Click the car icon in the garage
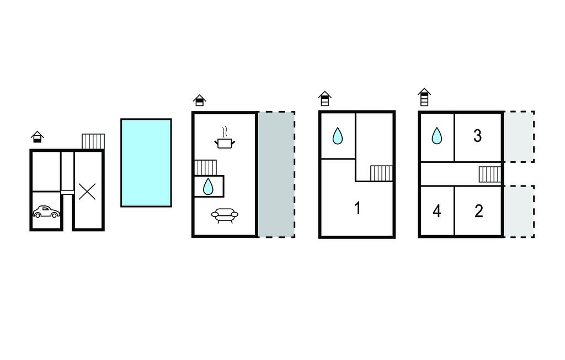[x=46, y=211]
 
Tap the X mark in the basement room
[x=87, y=192]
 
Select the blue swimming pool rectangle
[x=146, y=162]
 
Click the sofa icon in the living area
[x=225, y=215]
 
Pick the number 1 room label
[x=358, y=208]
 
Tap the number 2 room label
[x=478, y=210]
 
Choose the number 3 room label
[x=478, y=136]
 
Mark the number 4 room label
[x=436, y=211]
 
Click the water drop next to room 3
[x=436, y=135]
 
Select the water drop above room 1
[x=337, y=136]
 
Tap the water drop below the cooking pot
[x=208, y=187]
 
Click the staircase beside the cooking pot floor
[x=206, y=167]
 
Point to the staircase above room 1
[x=381, y=173]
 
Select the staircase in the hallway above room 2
[x=489, y=174]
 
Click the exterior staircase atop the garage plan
[x=93, y=141]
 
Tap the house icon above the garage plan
[x=37, y=136]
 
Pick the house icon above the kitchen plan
[x=199, y=100]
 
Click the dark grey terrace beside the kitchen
[x=276, y=174]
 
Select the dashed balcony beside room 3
[x=519, y=136]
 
